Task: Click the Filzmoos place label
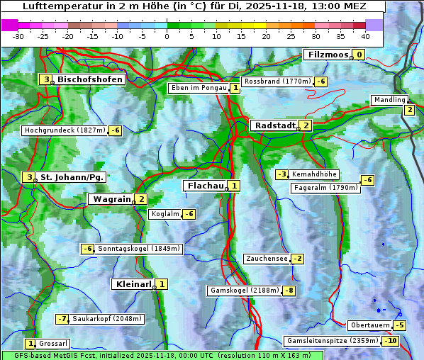[328, 55]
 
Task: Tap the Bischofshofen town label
[90, 79]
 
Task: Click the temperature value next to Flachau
[235, 186]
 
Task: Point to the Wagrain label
[111, 199]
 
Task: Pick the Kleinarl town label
[133, 284]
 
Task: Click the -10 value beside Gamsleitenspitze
[391, 341]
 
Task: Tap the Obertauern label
[370, 325]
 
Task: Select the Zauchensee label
[267, 259]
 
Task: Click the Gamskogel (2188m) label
[245, 291]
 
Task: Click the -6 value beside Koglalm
[189, 214]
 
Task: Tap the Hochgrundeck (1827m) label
[65, 130]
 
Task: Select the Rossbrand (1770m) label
[277, 81]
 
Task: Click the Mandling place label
[389, 100]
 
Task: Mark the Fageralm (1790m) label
[325, 188]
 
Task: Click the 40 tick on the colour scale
[365, 36]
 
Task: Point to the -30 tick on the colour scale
[18, 36]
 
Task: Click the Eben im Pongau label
[198, 88]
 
